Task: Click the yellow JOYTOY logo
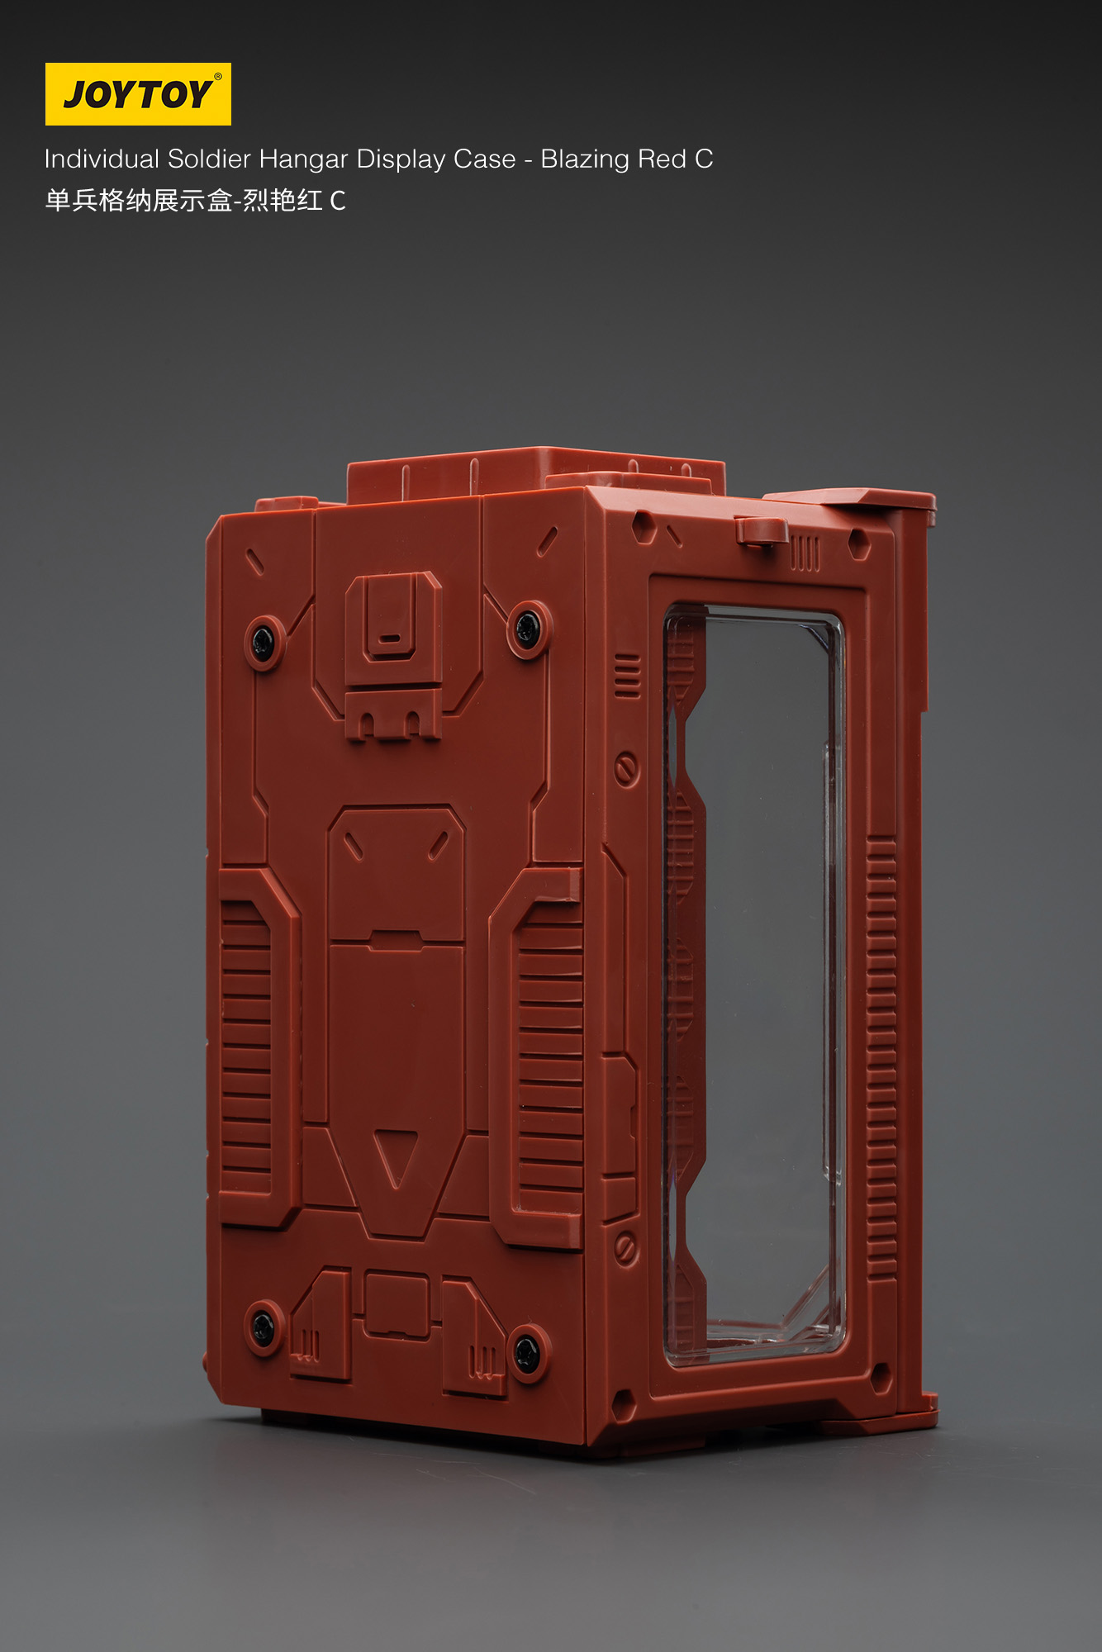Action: tap(138, 94)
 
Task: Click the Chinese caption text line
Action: tap(195, 201)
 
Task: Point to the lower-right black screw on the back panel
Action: tap(527, 1352)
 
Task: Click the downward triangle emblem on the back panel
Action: tap(395, 1156)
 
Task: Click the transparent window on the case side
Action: tap(756, 983)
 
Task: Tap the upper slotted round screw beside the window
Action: tap(626, 769)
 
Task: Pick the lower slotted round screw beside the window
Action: tap(626, 1248)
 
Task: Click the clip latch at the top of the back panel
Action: tap(393, 615)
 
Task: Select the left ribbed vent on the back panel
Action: tap(246, 1037)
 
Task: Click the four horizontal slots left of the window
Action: tap(627, 676)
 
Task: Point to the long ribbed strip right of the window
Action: tap(881, 1057)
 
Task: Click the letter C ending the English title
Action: tap(703, 159)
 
